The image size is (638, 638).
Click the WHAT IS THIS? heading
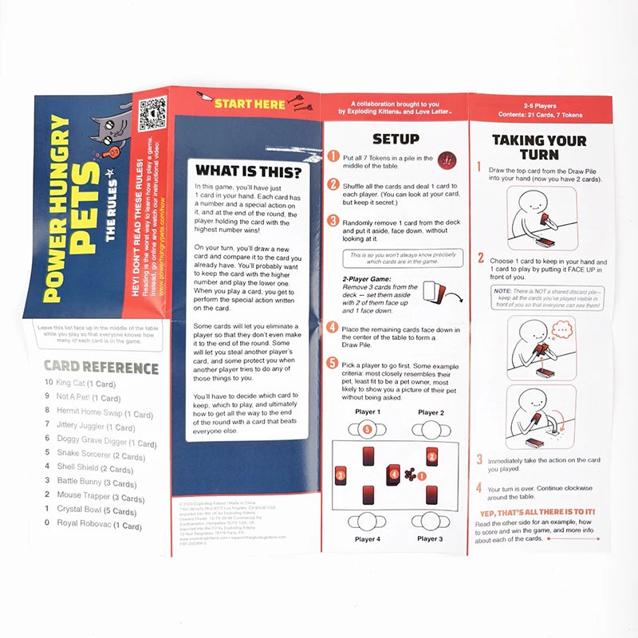click(248, 171)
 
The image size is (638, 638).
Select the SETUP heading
click(396, 139)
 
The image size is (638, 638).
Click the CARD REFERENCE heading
click(100, 368)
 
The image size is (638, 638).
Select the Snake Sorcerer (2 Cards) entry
click(100, 454)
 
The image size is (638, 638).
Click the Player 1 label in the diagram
click(367, 412)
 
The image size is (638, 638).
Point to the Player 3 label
click(430, 539)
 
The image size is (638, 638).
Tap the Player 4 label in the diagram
click(368, 539)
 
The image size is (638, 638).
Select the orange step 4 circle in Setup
click(333, 327)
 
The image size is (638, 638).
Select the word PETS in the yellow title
click(80, 215)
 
